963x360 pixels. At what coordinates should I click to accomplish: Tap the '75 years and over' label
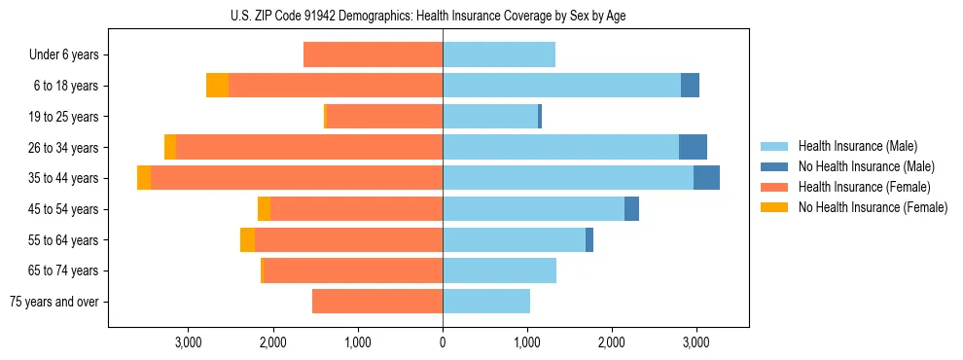(x=54, y=302)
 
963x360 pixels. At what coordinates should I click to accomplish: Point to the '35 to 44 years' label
(x=63, y=178)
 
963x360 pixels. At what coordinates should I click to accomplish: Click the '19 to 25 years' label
(x=63, y=117)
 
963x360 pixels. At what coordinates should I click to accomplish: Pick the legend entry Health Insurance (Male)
(x=858, y=146)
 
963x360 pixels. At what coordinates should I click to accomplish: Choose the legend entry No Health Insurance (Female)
(x=873, y=207)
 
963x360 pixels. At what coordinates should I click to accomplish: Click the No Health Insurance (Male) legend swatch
(x=775, y=166)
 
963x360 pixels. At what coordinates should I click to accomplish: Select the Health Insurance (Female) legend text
(x=861, y=187)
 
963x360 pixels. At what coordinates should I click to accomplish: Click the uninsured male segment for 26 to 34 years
(x=693, y=147)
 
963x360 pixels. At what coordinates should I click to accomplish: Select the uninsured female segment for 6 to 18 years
(x=217, y=86)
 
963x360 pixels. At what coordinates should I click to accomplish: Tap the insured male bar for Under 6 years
(x=499, y=55)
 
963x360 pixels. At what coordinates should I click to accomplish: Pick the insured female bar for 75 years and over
(x=377, y=302)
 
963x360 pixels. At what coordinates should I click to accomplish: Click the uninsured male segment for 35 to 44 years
(x=706, y=178)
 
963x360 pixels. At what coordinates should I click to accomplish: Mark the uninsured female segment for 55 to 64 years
(x=247, y=240)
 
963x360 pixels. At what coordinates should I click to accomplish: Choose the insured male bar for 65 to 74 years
(x=499, y=270)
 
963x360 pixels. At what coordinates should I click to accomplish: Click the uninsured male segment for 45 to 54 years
(x=631, y=209)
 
